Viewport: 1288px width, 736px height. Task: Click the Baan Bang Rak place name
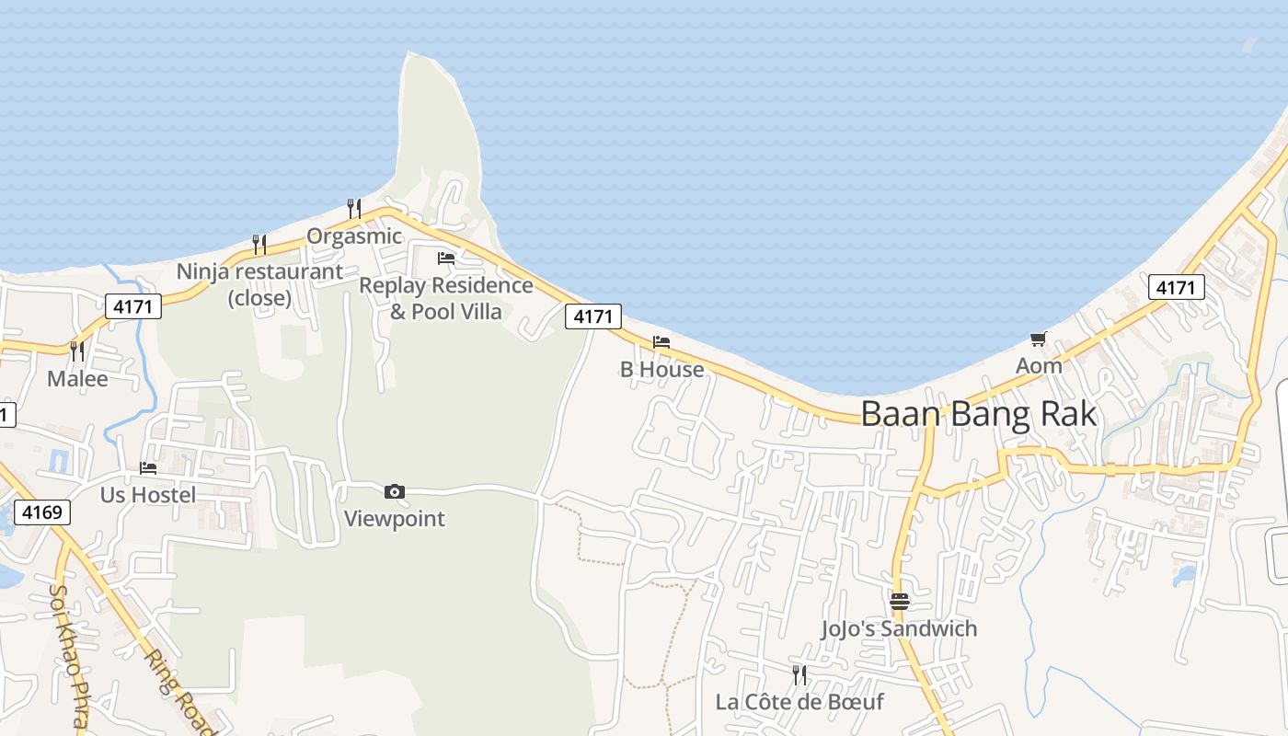[x=979, y=414]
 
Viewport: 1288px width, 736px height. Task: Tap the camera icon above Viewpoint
[x=395, y=492]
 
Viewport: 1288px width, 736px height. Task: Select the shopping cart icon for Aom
[x=1039, y=339]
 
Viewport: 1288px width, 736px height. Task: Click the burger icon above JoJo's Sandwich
[x=899, y=602]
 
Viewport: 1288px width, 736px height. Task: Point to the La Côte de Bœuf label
[x=799, y=702]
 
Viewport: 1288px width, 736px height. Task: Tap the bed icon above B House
[x=661, y=343]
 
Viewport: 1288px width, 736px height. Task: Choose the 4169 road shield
[x=42, y=512]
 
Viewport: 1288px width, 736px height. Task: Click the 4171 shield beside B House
[x=593, y=316]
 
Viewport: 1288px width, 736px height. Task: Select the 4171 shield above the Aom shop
[x=1176, y=288]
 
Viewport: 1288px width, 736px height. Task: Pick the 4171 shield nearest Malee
[x=133, y=306]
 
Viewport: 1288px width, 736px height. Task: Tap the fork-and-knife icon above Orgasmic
[x=354, y=209]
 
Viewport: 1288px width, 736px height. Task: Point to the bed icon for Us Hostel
[x=148, y=468]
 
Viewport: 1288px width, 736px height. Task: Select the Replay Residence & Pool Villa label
[x=446, y=298]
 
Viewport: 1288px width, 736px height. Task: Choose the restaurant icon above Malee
[x=77, y=351]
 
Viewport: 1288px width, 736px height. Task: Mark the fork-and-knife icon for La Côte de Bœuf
[x=799, y=675]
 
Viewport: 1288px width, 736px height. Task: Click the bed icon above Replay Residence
[x=446, y=259]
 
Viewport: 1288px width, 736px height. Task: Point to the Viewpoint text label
[x=395, y=519]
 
